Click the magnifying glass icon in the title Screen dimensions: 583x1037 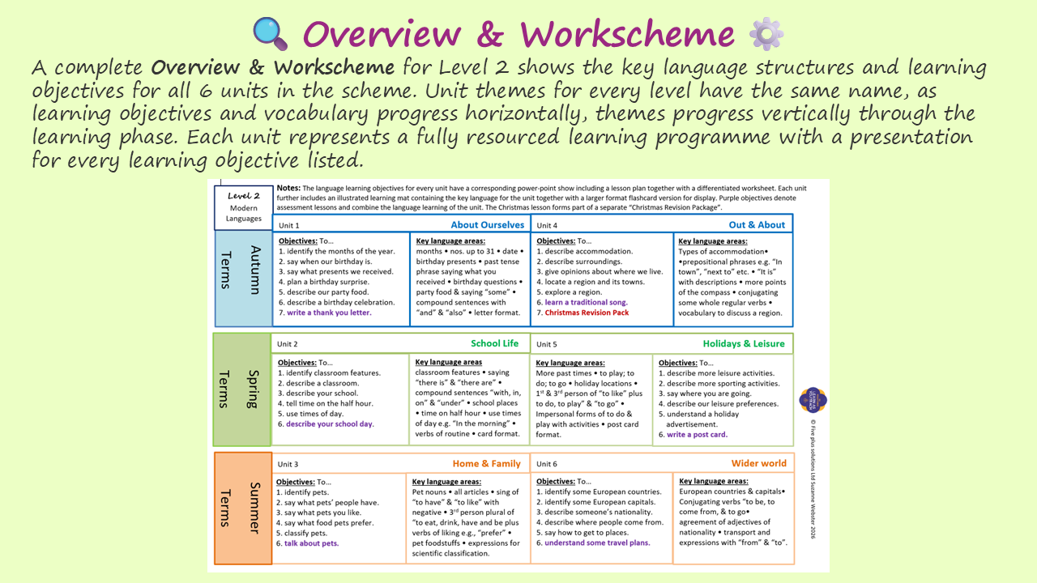coord(271,33)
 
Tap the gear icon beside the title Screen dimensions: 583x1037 coord(766,33)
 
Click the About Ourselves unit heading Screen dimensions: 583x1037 coord(487,225)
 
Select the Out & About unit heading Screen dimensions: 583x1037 coord(757,225)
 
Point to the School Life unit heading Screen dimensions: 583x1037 coord(494,343)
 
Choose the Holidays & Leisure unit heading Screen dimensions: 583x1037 coord(743,343)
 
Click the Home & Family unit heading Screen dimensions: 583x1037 coord(486,463)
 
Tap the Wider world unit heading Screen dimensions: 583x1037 coord(758,463)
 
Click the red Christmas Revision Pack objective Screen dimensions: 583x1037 coord(586,313)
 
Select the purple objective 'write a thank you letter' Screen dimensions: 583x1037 coord(329,313)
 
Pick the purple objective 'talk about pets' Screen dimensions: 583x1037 coord(311,543)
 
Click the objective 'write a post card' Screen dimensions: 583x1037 coord(697,435)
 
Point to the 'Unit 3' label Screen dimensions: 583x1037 coord(288,464)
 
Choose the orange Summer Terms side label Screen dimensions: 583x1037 coord(242,508)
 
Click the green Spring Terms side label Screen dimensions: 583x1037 coord(242,389)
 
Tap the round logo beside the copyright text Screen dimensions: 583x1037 coord(813,399)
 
